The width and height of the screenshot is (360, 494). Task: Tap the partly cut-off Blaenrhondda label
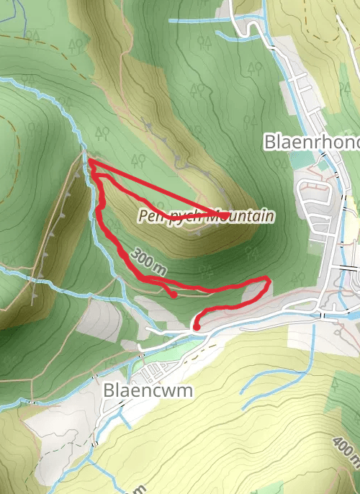(312, 141)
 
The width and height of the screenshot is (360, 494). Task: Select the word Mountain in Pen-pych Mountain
(241, 215)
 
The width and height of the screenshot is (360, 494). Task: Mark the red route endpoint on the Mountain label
(225, 215)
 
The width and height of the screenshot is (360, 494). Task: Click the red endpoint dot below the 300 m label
(174, 294)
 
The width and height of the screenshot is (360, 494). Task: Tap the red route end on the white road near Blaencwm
(196, 327)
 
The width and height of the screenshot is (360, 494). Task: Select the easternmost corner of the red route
(269, 279)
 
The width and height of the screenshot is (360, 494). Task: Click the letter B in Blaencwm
(109, 390)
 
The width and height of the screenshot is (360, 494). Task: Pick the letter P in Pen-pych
(143, 215)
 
